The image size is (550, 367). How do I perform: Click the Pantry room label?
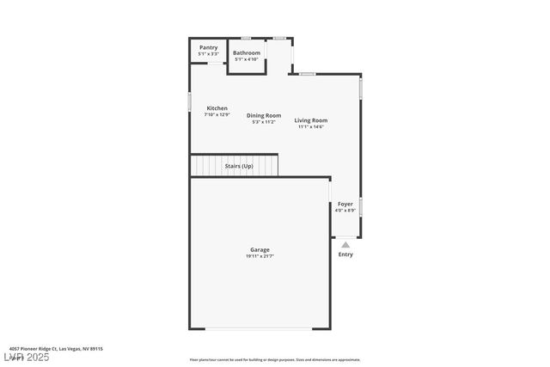click(x=208, y=47)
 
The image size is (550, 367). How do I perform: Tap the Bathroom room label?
click(x=246, y=52)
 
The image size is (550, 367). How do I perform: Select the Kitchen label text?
click(x=217, y=108)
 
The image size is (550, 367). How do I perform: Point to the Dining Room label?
click(x=264, y=115)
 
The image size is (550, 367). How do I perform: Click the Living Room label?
click(x=311, y=120)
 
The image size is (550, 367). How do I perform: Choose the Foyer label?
click(x=345, y=204)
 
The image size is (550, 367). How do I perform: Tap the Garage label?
click(x=260, y=249)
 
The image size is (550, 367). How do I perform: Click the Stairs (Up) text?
click(x=238, y=166)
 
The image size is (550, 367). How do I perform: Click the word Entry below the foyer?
click(x=345, y=254)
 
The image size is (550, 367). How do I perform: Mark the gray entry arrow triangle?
click(x=345, y=245)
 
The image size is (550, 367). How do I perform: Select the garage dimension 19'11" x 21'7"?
click(x=260, y=256)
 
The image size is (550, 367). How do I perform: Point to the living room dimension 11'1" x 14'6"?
click(x=311, y=127)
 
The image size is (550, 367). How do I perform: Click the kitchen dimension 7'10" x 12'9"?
click(x=217, y=115)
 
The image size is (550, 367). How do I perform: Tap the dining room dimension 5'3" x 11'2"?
click(x=264, y=122)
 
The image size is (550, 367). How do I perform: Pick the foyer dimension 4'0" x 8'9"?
click(x=345, y=211)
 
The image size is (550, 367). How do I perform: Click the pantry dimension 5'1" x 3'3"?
click(x=208, y=54)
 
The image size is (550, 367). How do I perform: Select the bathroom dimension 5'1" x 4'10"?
click(x=247, y=59)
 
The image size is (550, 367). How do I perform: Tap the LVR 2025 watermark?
click(x=26, y=357)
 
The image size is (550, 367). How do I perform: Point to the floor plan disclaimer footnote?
click(x=275, y=360)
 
